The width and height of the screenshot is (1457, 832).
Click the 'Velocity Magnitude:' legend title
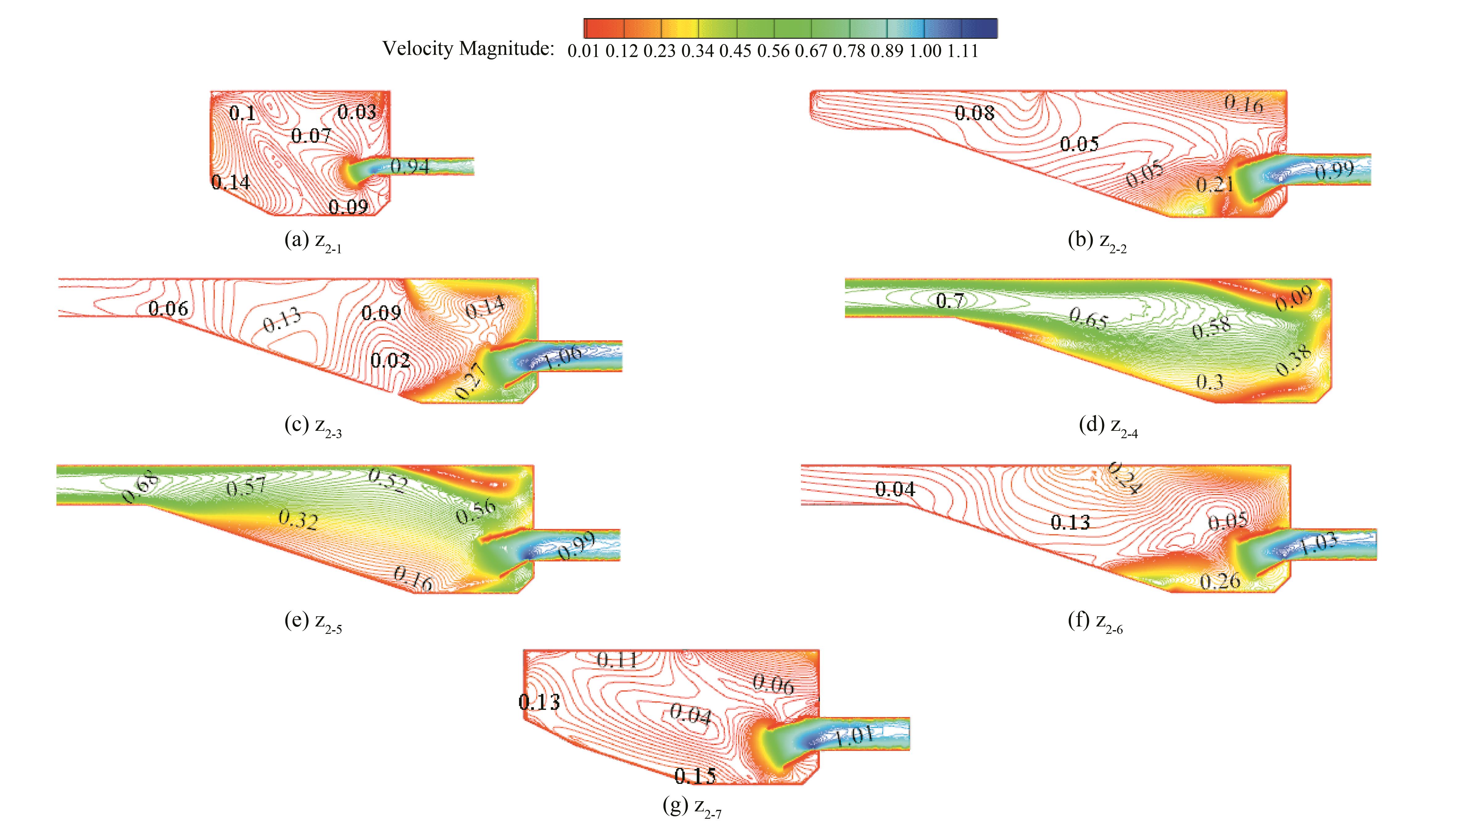(468, 49)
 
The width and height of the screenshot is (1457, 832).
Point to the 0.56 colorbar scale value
(773, 51)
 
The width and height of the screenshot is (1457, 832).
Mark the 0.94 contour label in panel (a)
(410, 166)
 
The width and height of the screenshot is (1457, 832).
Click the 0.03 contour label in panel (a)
(357, 112)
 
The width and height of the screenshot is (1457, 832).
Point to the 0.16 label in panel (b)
(1244, 104)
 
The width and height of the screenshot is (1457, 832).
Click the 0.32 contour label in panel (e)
(298, 520)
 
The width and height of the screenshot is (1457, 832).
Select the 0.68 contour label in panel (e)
(139, 490)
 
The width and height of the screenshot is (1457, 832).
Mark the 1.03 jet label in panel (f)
(1319, 543)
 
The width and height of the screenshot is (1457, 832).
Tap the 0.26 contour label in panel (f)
(1220, 581)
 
